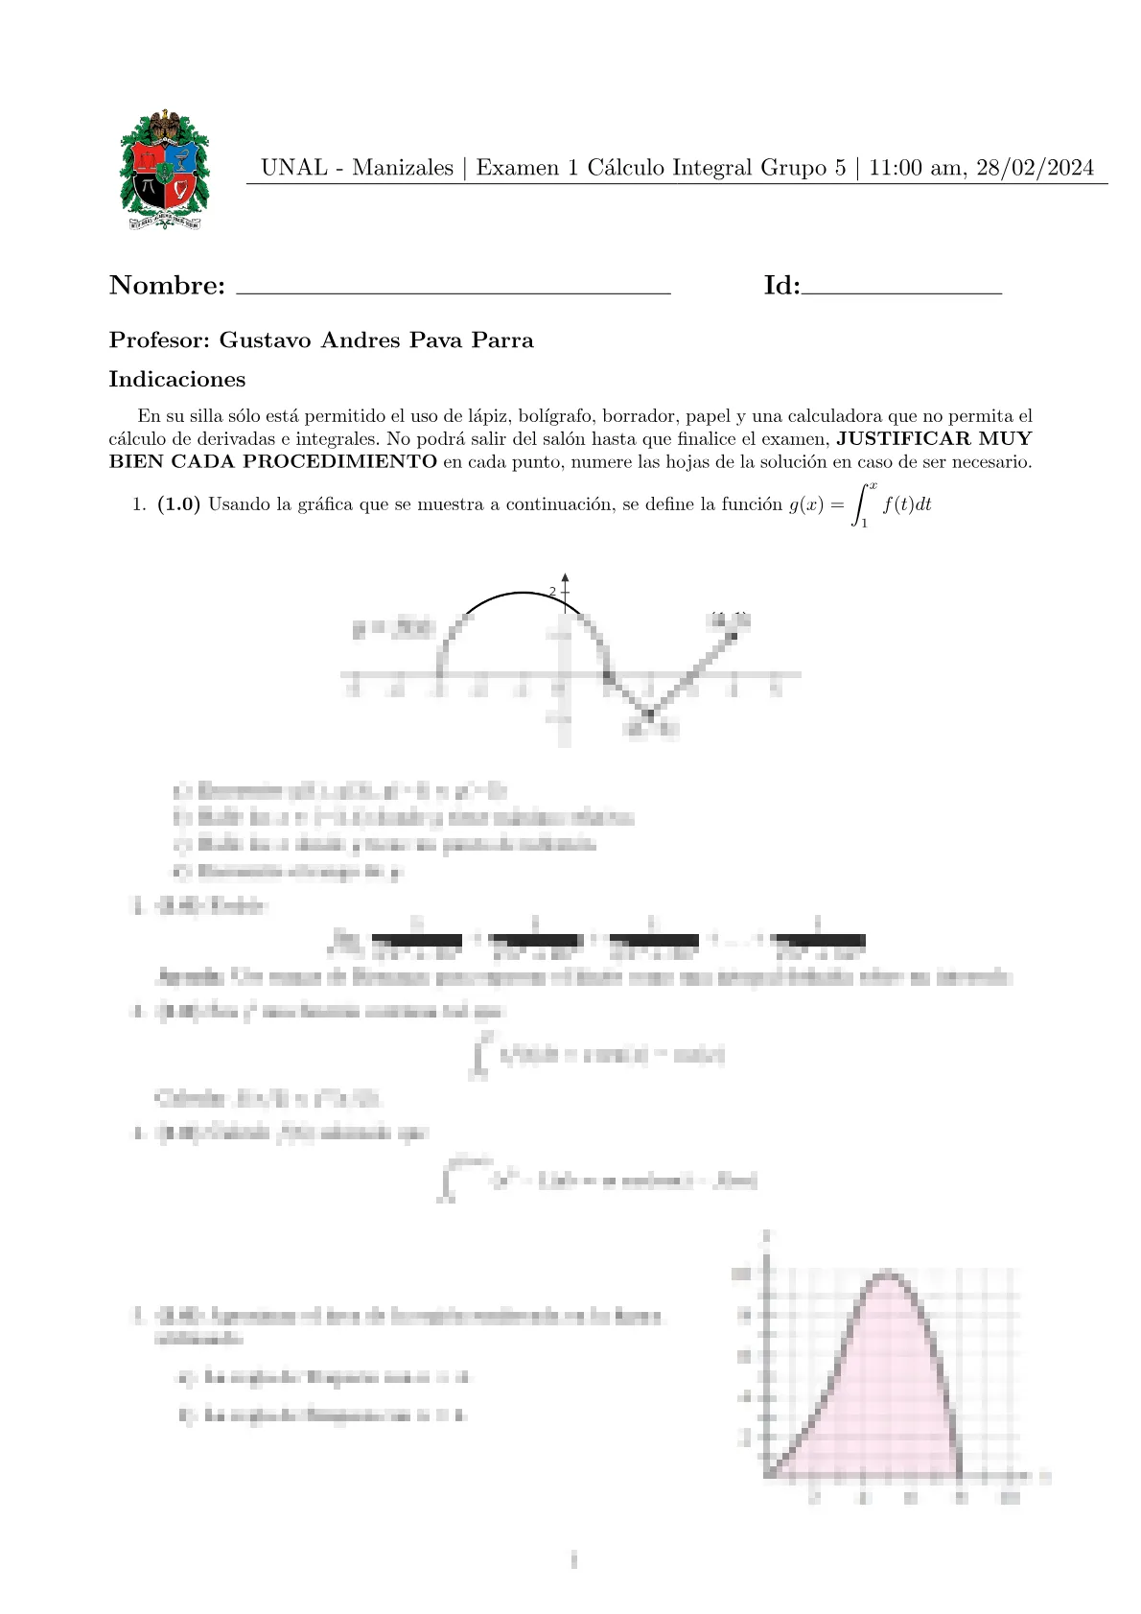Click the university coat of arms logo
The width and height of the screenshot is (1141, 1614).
164,170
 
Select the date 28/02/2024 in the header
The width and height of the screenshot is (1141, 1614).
1035,168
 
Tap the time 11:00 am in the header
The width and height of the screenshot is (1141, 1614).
918,168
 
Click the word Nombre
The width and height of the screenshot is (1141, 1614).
167,285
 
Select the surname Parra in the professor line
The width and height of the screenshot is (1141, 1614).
501,340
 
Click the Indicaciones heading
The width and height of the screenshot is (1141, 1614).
177,379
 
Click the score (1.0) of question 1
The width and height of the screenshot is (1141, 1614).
178,504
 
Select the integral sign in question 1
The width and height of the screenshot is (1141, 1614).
862,504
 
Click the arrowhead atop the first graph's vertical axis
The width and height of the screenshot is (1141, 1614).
566,578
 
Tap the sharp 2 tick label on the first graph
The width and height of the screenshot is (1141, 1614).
552,593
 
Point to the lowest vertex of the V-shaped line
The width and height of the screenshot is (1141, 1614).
649,713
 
